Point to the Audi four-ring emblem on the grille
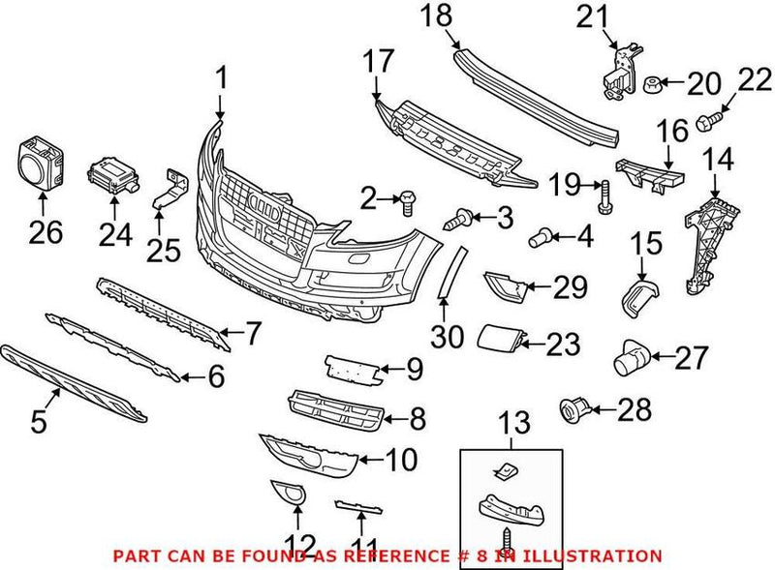click(x=265, y=206)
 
